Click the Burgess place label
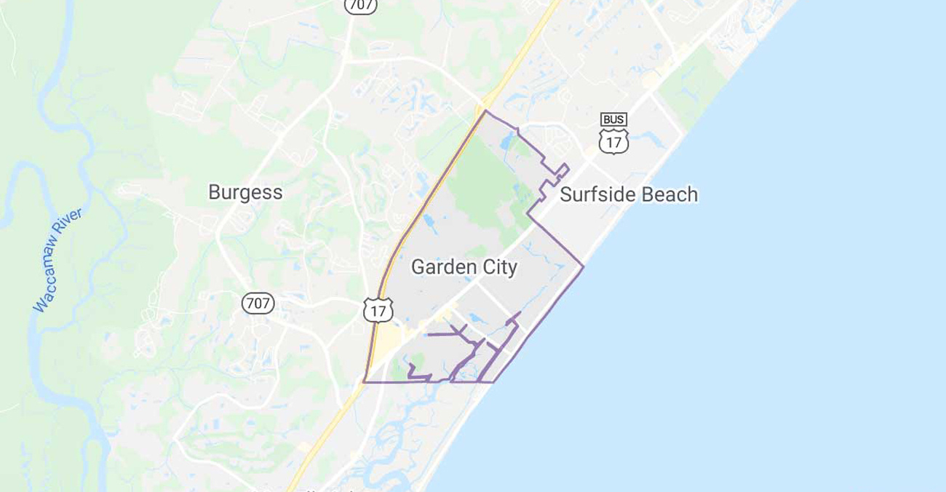(x=245, y=193)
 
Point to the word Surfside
(x=597, y=195)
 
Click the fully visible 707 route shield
(x=258, y=303)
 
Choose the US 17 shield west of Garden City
(x=378, y=310)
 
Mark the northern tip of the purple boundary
(x=486, y=111)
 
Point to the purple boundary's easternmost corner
(x=584, y=266)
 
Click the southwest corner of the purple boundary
(x=364, y=381)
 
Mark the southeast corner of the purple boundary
(x=494, y=381)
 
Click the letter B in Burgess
(x=214, y=193)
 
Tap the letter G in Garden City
(x=418, y=268)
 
